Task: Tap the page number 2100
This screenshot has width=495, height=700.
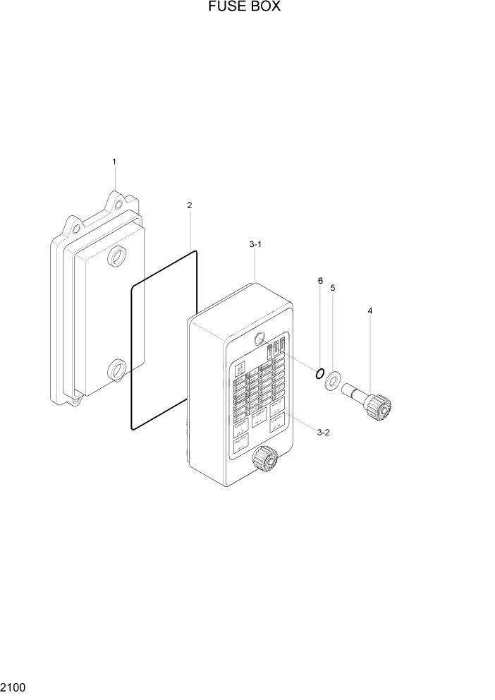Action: point(14,687)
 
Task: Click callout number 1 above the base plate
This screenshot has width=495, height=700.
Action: point(114,162)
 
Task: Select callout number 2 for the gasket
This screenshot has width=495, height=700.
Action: point(190,205)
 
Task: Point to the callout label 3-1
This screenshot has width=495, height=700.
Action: point(255,244)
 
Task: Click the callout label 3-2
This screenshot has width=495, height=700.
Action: point(323,433)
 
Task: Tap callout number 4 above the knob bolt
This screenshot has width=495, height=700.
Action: point(370,310)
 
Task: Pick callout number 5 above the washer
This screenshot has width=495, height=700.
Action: point(333,288)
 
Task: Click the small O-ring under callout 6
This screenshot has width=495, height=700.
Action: point(319,372)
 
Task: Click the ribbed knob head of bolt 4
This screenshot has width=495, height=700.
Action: point(379,407)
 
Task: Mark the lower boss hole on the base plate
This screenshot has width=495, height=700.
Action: point(116,369)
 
